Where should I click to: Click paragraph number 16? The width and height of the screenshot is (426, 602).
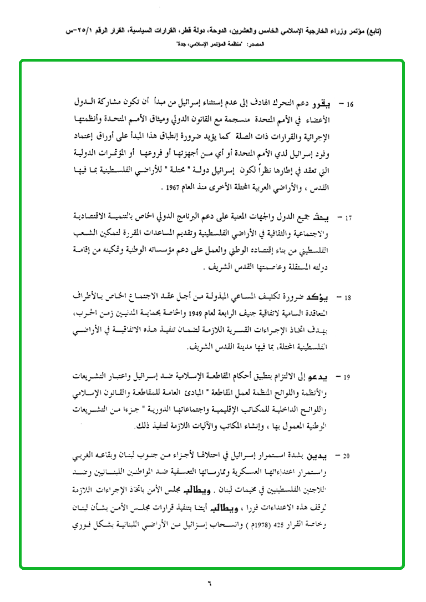(x=350, y=104)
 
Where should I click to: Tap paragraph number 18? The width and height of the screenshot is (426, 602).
(x=349, y=298)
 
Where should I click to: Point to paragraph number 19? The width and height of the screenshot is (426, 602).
(x=349, y=378)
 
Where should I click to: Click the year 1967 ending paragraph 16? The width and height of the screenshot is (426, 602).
(x=174, y=188)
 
